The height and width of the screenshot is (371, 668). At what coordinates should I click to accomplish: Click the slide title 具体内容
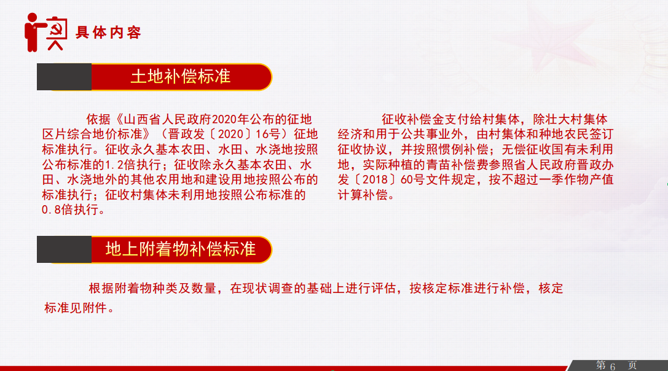(108, 33)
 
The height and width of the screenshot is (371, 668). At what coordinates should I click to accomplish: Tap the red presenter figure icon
(33, 32)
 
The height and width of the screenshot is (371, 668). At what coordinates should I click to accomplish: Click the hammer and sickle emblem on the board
(57, 29)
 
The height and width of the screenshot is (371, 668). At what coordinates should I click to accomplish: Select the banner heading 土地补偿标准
(180, 77)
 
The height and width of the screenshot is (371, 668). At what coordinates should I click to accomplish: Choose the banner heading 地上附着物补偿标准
(180, 249)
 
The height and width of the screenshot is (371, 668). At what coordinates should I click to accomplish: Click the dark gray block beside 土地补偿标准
(65, 77)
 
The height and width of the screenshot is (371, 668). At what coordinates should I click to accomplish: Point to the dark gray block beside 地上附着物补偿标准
(65, 249)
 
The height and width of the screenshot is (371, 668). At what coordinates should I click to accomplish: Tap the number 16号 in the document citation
(268, 134)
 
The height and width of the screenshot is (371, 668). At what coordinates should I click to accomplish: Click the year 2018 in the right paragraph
(375, 180)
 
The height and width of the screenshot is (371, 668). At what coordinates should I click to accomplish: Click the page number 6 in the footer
(612, 366)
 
